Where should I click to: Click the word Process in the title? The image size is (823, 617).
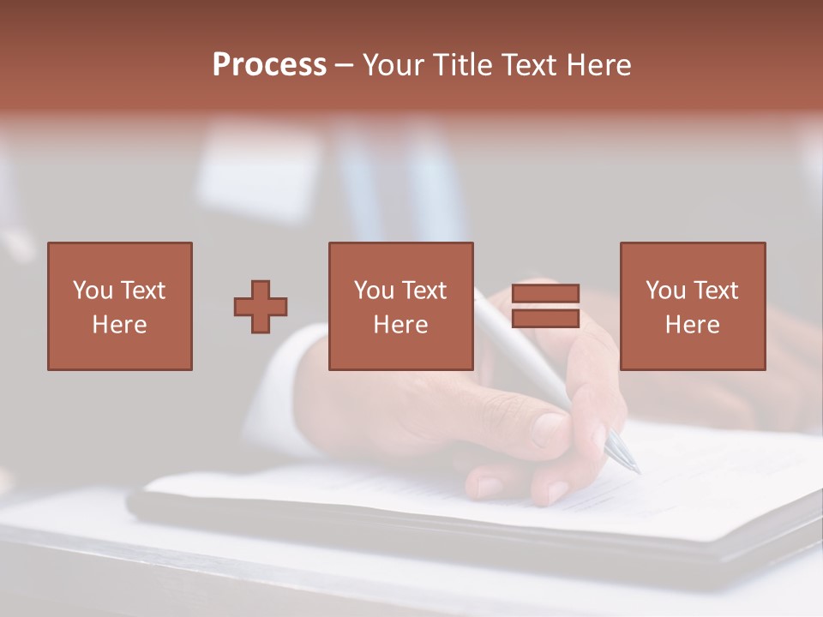coord(269,65)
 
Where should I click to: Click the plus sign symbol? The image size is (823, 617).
coord(261,307)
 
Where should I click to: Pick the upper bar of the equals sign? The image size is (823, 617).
coord(545,294)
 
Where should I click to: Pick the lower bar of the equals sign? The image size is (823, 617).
coord(545,319)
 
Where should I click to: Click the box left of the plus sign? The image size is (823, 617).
coord(119,306)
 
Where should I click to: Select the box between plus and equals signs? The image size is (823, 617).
coord(400,306)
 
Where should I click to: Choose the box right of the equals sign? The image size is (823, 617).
coord(692,306)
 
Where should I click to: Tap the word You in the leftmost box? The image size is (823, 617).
coord(93,291)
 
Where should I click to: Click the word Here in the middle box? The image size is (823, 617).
coord(400,325)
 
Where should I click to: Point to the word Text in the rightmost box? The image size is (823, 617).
coord(716,291)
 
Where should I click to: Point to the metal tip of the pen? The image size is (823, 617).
coord(623,452)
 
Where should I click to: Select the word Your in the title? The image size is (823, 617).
coord(394,65)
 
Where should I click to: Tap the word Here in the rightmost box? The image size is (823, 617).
coord(692,325)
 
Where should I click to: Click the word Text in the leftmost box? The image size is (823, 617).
coord(142,291)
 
